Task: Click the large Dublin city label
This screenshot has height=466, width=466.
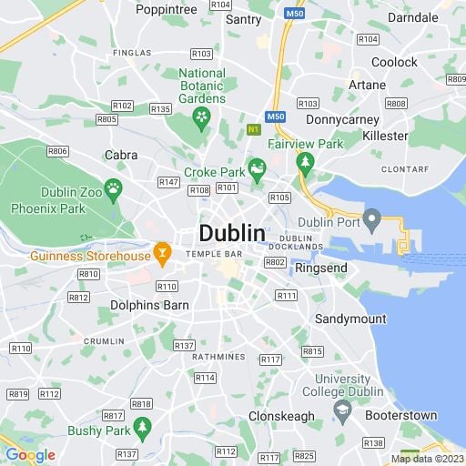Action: point(232,233)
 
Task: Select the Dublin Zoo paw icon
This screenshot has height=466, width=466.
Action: point(114,189)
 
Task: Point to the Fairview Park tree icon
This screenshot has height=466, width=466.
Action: point(306,163)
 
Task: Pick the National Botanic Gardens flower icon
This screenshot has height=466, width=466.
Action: point(202,116)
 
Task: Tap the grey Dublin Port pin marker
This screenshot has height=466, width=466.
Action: point(370,218)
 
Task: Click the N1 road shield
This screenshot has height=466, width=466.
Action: point(254,130)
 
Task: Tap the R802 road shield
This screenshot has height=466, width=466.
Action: point(275,262)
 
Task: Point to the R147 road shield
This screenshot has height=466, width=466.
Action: point(167,182)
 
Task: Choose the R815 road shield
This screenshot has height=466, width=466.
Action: point(312,351)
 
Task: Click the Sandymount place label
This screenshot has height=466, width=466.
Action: point(350,319)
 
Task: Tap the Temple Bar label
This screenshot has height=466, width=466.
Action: point(214,254)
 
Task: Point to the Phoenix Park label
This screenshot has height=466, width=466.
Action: point(46,208)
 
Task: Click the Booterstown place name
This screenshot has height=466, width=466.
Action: point(400,415)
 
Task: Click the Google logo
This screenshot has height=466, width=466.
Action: point(30,455)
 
